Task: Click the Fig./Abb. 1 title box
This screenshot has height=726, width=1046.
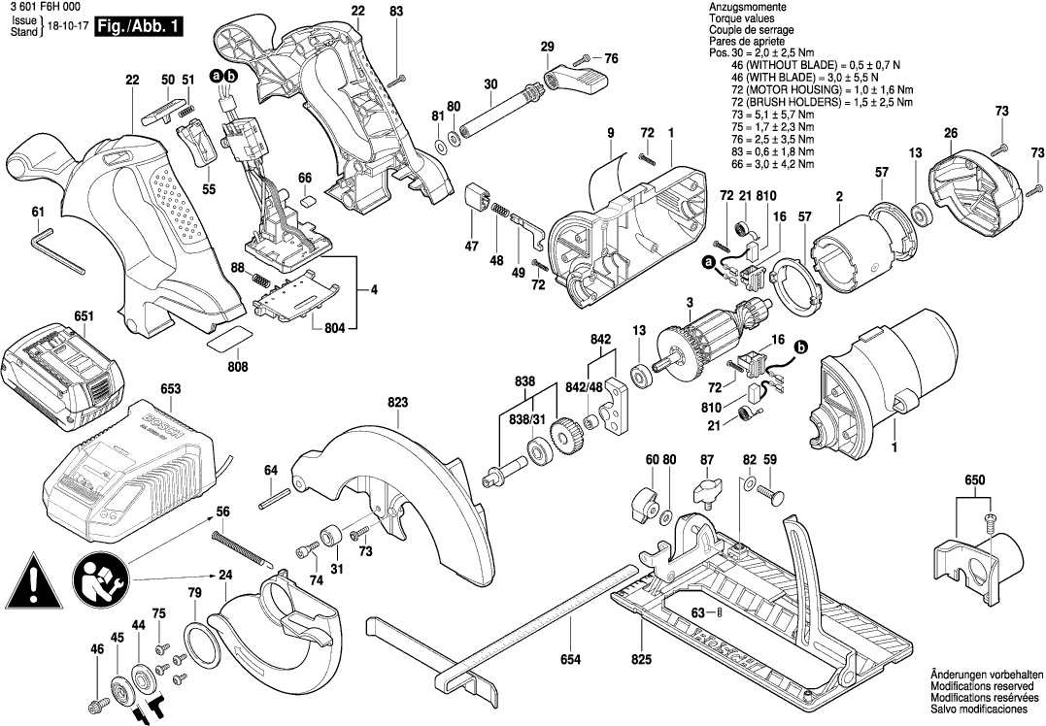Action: point(138,27)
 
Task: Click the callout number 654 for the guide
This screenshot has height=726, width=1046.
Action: point(570,661)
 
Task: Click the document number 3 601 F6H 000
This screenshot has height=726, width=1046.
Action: point(43,7)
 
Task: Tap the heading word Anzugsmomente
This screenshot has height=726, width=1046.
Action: point(743,8)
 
